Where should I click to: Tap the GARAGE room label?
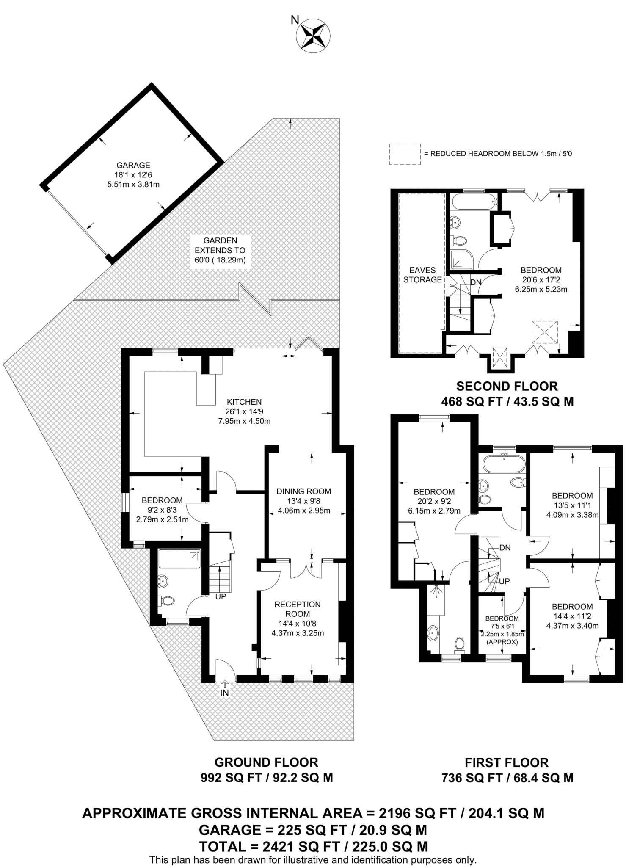(133, 166)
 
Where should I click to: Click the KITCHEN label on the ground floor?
(244, 402)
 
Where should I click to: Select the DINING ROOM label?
(303, 491)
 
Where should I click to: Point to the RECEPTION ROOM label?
(298, 609)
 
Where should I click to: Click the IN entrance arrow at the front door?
(225, 683)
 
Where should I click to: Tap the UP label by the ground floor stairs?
(221, 596)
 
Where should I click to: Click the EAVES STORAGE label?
(422, 275)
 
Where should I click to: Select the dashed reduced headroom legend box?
(405, 154)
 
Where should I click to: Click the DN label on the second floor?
(476, 282)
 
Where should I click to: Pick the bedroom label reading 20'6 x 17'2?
(541, 270)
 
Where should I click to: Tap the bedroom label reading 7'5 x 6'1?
(502, 618)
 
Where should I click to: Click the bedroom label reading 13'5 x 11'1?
(572, 495)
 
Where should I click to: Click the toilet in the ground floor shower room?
(168, 601)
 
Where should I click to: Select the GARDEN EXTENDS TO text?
(220, 246)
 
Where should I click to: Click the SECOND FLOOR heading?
(507, 386)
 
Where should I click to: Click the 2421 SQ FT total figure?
(301, 846)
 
